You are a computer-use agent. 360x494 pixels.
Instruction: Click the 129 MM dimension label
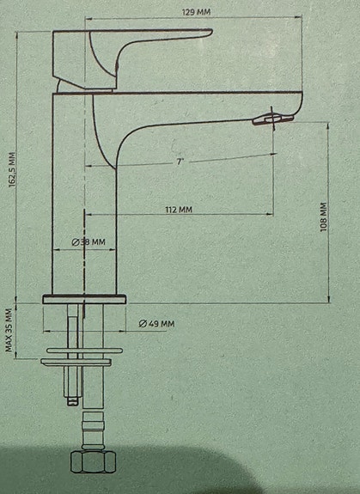click(x=196, y=12)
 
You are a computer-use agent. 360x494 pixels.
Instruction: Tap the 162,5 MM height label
click(x=13, y=170)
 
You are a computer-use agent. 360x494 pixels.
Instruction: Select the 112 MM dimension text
click(x=179, y=210)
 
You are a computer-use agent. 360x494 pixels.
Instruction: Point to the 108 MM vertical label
click(x=323, y=217)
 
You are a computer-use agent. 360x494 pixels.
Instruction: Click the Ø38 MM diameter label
click(x=88, y=242)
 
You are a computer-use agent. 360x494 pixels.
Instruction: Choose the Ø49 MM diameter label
click(x=156, y=324)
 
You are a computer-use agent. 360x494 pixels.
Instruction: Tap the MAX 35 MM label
click(x=9, y=330)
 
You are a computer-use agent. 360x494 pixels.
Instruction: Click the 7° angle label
click(x=180, y=162)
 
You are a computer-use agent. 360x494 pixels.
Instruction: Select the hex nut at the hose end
click(x=94, y=461)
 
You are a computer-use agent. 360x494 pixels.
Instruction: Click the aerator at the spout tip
click(x=272, y=119)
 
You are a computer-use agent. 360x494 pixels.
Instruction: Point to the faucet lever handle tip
click(x=211, y=32)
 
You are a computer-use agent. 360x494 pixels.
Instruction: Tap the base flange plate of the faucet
click(x=84, y=299)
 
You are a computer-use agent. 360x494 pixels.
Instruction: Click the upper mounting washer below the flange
click(x=84, y=351)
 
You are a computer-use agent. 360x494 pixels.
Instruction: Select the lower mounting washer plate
click(x=76, y=363)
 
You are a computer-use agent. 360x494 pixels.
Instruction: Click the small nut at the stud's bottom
click(x=73, y=401)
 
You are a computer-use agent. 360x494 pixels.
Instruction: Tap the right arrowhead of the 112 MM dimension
click(x=270, y=214)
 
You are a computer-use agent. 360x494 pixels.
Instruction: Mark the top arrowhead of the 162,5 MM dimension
click(x=17, y=35)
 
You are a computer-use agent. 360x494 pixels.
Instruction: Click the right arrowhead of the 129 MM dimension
click(x=299, y=18)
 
